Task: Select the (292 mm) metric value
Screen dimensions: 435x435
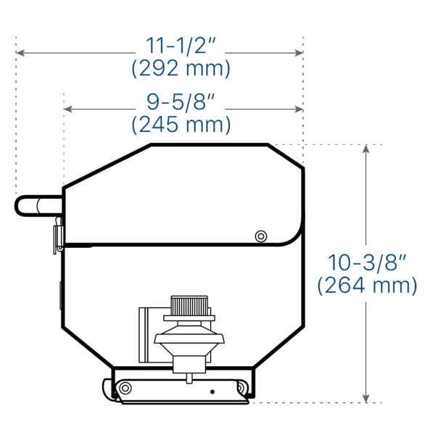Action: click(181, 69)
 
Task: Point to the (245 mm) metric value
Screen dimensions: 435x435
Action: click(181, 125)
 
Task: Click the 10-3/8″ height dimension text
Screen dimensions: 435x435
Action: click(367, 262)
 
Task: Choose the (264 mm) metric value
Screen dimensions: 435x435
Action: click(367, 285)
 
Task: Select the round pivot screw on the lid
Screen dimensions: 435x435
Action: click(260, 236)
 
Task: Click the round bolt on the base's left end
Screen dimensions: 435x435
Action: click(126, 389)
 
